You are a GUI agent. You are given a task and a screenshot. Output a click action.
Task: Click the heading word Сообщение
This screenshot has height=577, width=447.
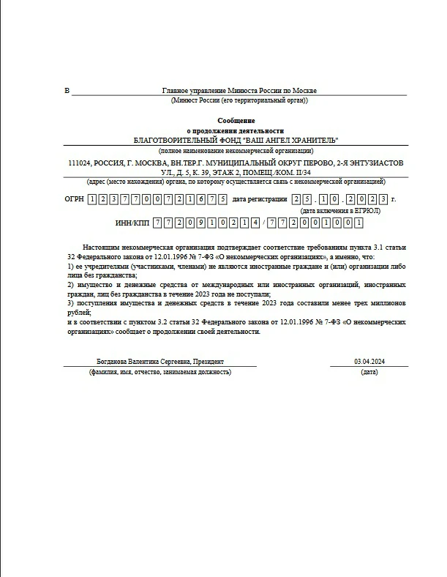click(236, 120)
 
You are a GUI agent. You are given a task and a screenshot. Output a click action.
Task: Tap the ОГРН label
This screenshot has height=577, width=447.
click(74, 199)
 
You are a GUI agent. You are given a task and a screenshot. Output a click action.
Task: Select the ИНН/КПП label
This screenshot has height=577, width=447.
click(132, 223)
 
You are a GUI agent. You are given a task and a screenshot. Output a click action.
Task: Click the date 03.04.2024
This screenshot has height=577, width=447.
click(369, 362)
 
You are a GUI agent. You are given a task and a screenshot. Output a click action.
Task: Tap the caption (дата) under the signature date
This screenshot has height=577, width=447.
click(369, 373)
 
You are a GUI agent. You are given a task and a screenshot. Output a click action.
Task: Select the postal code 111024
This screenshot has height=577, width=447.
click(80, 163)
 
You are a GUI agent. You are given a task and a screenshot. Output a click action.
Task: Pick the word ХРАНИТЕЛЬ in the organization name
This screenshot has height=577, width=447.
click(315, 141)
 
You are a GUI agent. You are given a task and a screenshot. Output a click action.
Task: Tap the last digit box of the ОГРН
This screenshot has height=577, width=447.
click(222, 199)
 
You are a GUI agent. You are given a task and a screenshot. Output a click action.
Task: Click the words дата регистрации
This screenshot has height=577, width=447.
click(259, 199)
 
